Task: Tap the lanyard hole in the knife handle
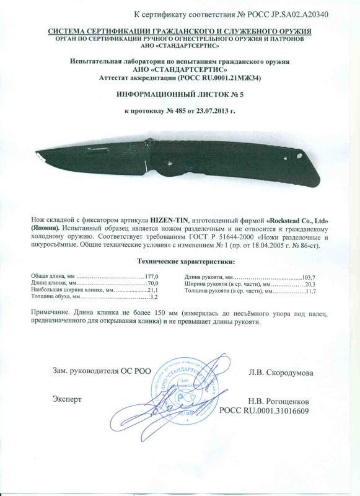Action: (299, 157)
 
